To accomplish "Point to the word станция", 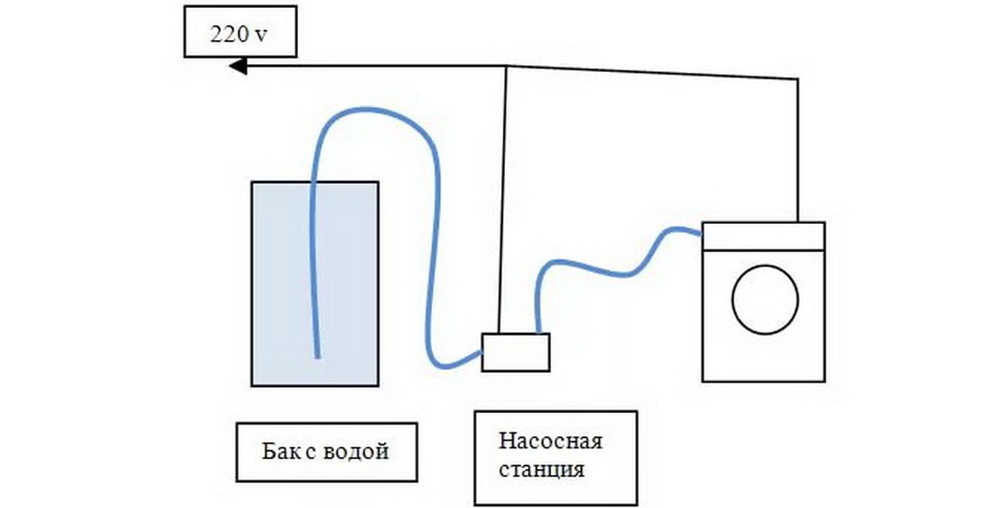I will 541,469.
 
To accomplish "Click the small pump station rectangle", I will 515,352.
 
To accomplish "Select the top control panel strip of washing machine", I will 763,233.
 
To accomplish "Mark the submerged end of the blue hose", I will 317,355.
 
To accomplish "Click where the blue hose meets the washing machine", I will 700,234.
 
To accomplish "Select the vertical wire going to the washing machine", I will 798,151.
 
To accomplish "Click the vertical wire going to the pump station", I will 503,204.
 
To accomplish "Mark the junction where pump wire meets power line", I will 506,67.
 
